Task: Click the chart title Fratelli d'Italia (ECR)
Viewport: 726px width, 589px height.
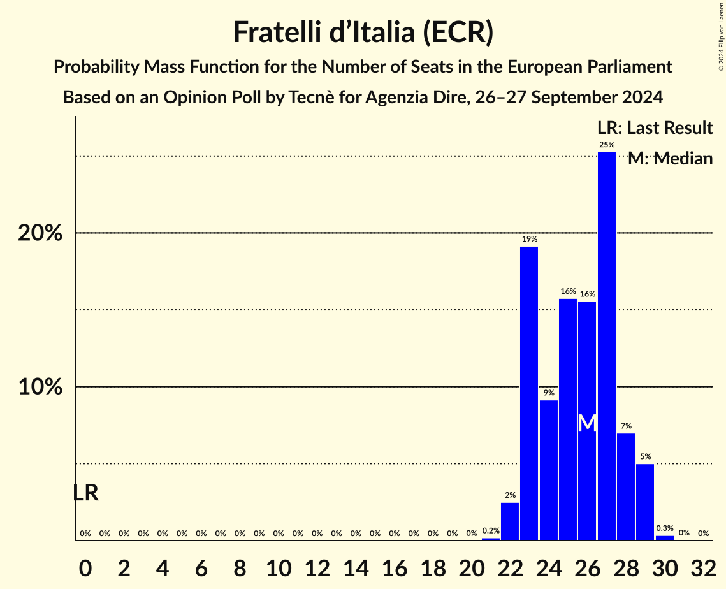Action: coord(363,32)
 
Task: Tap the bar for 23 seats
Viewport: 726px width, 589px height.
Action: coord(529,393)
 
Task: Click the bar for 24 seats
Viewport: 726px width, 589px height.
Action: coord(549,470)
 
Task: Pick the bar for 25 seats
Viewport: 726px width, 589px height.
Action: coord(568,419)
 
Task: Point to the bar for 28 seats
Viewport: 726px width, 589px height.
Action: coord(626,486)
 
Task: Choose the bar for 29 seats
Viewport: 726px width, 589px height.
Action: coord(645,502)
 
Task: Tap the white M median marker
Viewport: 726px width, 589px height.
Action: coord(588,423)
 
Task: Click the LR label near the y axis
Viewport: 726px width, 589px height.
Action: coord(85,493)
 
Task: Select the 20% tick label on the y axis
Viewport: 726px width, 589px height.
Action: coord(40,233)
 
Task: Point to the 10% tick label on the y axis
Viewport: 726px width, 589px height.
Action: coord(40,387)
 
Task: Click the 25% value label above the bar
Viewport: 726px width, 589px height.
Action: coord(607,145)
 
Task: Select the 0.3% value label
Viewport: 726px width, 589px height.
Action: coord(665,528)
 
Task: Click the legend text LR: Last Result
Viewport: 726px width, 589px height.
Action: coord(655,128)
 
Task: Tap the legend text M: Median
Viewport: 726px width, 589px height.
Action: coord(670,159)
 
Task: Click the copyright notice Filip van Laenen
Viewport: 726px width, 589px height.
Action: coord(721,36)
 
